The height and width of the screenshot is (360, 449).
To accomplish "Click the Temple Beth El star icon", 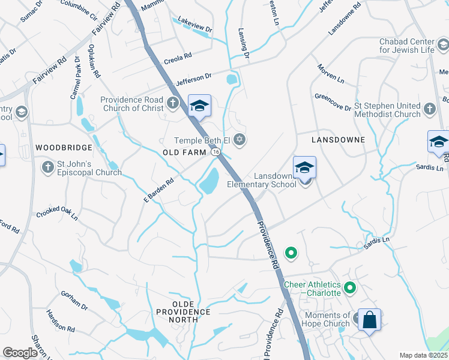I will click(x=240, y=140).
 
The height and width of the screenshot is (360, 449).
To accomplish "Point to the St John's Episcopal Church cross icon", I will click(x=47, y=166).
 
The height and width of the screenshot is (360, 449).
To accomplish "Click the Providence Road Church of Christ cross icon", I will click(x=173, y=103).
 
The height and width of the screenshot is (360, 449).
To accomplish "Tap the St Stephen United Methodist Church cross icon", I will click(x=429, y=109).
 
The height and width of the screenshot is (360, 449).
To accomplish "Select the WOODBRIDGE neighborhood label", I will click(x=64, y=147).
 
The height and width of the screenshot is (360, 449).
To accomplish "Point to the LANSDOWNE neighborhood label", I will click(x=338, y=139).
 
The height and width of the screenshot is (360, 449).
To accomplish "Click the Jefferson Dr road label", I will click(x=193, y=79).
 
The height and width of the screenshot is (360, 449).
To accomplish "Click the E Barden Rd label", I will click(x=158, y=190).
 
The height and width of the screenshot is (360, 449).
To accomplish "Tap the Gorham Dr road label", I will click(x=74, y=300).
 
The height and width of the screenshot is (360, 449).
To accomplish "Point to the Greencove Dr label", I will click(x=333, y=102).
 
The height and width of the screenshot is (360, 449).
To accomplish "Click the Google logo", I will click(x=20, y=353).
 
